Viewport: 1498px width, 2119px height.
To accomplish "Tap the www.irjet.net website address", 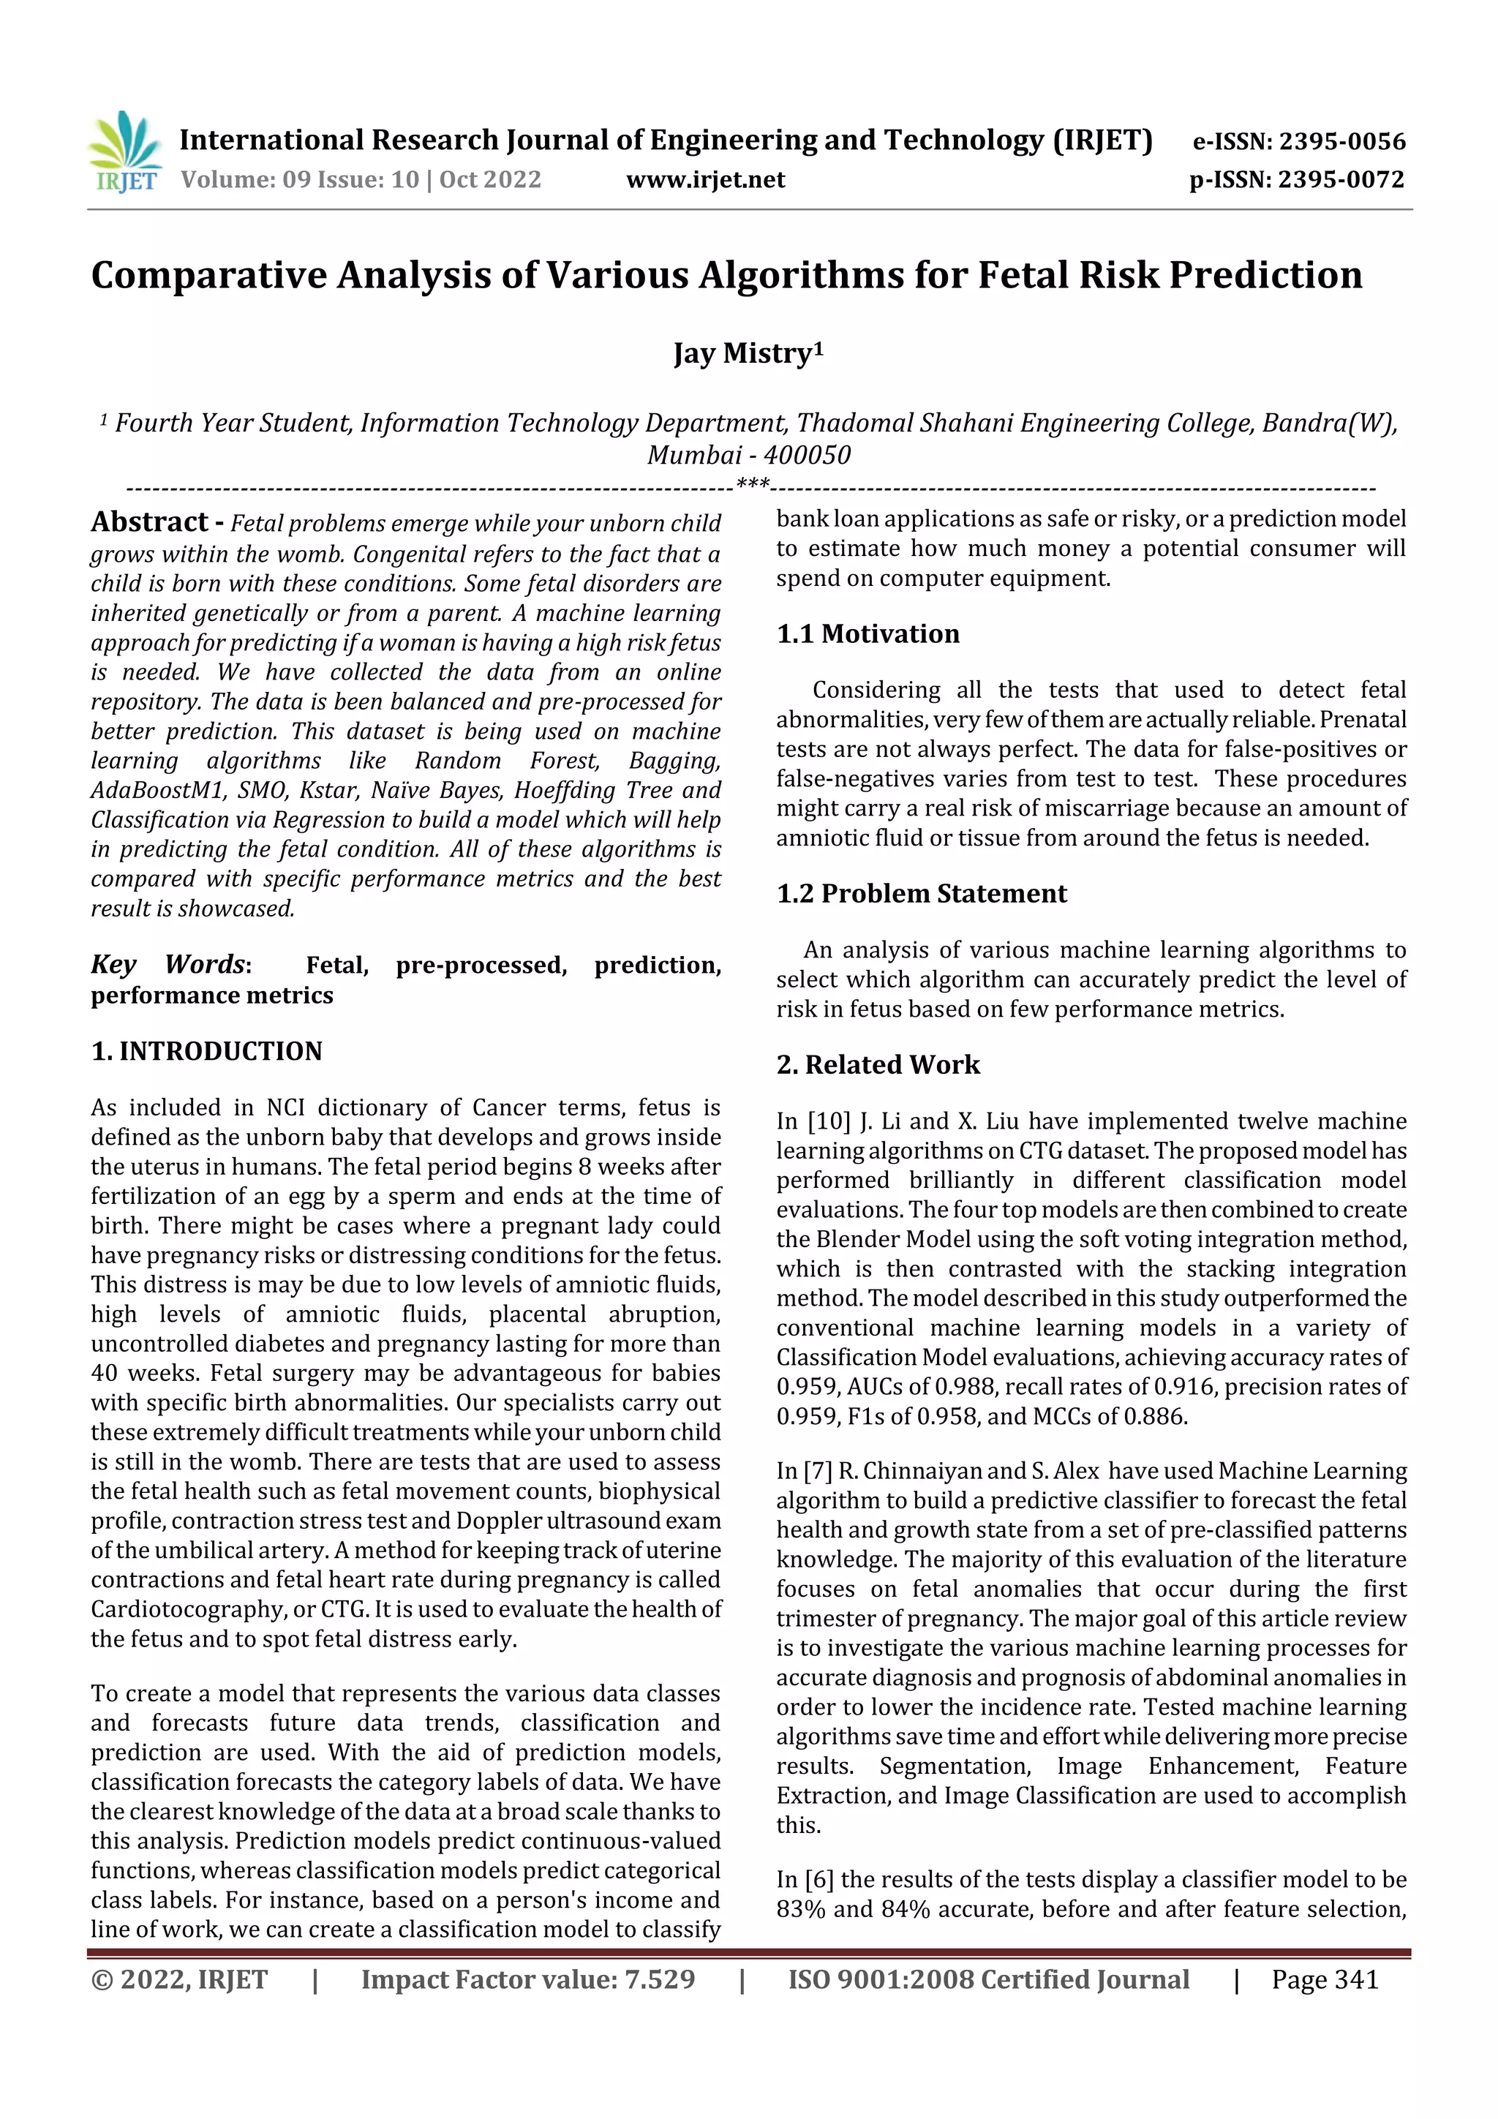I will click(705, 179).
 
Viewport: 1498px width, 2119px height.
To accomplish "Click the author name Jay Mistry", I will click(748, 353).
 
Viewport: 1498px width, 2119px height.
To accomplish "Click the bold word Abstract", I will click(149, 522).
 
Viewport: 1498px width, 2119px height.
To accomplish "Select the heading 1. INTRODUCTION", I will click(207, 1051).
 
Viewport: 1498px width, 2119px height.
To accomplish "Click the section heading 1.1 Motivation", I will click(867, 634).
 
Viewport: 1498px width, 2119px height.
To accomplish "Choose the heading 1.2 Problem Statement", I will click(921, 893).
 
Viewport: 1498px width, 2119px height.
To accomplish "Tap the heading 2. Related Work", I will click(878, 1064).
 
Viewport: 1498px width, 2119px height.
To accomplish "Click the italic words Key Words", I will click(168, 965).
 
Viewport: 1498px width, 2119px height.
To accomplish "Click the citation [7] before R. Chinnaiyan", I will click(817, 1471).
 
